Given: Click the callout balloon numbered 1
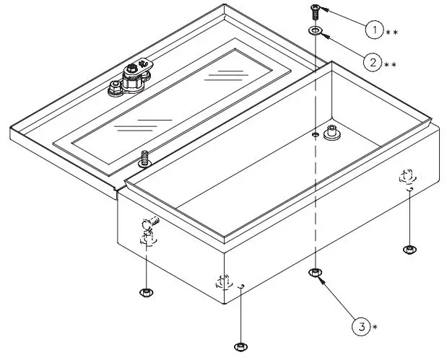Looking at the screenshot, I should pos(373,30).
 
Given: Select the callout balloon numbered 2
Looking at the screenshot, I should pos(372,62).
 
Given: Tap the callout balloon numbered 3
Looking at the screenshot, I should pos(363,326).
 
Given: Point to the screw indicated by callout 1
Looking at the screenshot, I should pos(316,10).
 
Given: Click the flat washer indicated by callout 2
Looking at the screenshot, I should pos(316,31).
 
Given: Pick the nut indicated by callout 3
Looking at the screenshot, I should pos(316,272).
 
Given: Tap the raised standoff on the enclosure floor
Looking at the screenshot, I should pos(334,132).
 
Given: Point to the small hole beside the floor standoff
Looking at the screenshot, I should pos(316,134).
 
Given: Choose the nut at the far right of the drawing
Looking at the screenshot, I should pos(409,250).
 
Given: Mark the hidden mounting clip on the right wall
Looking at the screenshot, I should pos(407,176).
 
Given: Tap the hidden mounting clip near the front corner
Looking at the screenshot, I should pos(222,281).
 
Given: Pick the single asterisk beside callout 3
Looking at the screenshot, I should pos(375,328).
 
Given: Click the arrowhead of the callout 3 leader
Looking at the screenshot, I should pos(321,278).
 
